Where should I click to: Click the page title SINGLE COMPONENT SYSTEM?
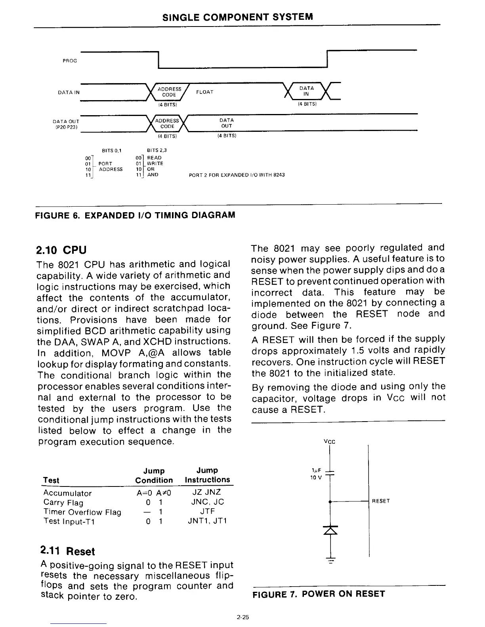tap(237, 17)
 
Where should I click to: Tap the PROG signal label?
tap(70, 61)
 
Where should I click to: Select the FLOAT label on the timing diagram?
tap(204, 92)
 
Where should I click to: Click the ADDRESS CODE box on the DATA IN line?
tap(169, 92)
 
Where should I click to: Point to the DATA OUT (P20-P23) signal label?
tap(66, 124)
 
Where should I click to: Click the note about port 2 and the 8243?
tap(237, 175)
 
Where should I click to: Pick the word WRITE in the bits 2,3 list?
tap(155, 163)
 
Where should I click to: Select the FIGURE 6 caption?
tap(135, 215)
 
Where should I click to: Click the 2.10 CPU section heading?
tap(61, 250)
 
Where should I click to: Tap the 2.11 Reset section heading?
tap(67, 551)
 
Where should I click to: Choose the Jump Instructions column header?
tap(207, 475)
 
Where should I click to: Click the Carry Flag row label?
tap(63, 503)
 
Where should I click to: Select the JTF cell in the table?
tap(207, 511)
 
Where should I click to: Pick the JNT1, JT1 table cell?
tap(207, 521)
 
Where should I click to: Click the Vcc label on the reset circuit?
tap(329, 442)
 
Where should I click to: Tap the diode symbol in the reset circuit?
tap(330, 530)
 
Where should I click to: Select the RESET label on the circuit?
tap(381, 501)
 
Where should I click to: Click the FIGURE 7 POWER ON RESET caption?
tap(318, 594)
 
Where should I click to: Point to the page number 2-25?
tap(242, 617)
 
